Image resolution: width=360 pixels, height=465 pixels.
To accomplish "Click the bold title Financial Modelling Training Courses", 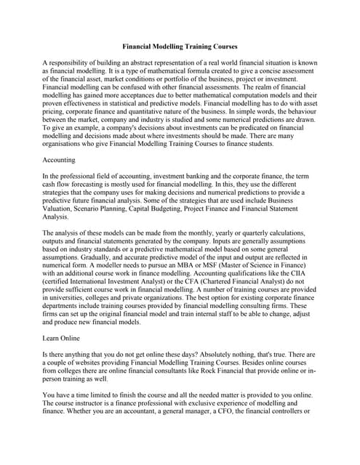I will click(x=180, y=46).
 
